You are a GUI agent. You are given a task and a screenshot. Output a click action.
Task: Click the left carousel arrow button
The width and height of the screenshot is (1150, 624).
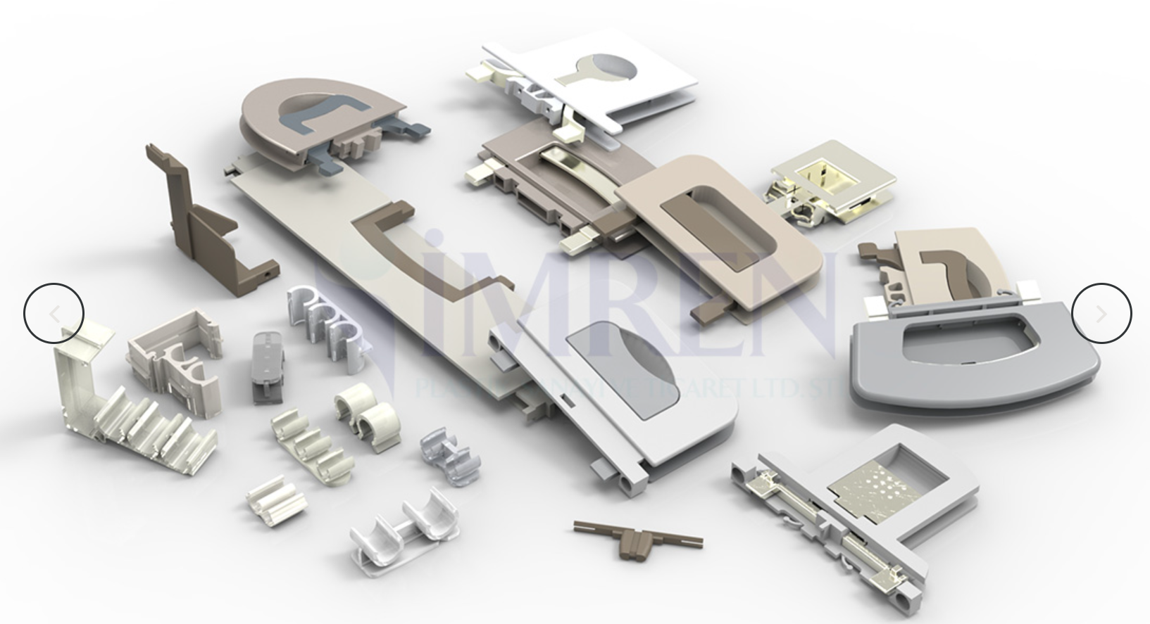pyautogui.click(x=54, y=314)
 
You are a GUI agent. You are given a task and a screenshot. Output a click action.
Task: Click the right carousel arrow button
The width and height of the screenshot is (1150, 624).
pyautogui.click(x=1101, y=314)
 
